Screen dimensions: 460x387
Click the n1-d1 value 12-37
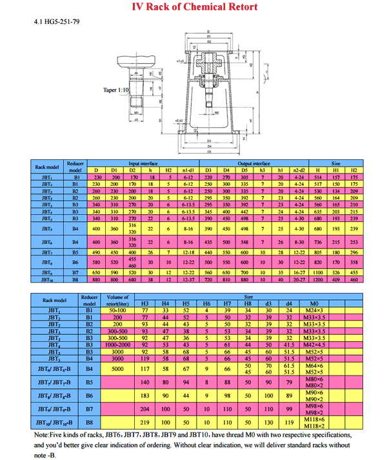point(188,280)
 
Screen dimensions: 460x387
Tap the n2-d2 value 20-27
point(299,280)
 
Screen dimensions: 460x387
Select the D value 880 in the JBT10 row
point(97,280)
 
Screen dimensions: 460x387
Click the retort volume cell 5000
point(117,369)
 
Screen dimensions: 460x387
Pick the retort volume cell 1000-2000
point(117,345)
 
